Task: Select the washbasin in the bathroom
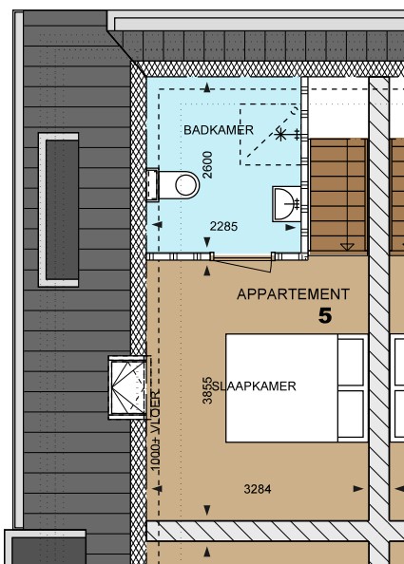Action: (286, 203)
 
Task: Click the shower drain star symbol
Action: (280, 134)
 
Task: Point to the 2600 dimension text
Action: (208, 164)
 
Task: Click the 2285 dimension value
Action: (222, 227)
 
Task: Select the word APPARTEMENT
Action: (293, 294)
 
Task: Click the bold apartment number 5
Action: (325, 316)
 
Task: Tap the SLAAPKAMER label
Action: (255, 386)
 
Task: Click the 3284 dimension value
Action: (258, 490)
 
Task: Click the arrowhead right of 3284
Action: (357, 490)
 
